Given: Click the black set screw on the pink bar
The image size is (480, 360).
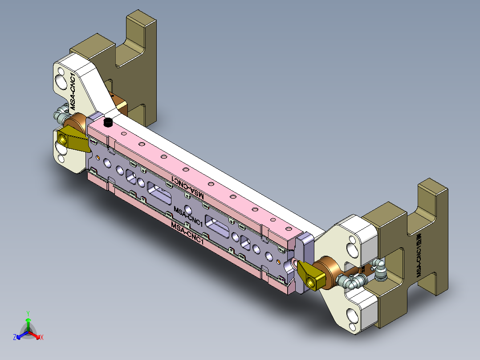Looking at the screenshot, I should tap(107, 123).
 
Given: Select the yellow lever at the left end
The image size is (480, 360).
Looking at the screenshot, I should tap(73, 138).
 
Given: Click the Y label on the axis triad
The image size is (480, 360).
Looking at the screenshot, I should tap(28, 313).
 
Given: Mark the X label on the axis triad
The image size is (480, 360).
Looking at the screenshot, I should tap(42, 338).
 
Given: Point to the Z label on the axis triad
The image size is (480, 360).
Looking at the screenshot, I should tap(15, 338).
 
